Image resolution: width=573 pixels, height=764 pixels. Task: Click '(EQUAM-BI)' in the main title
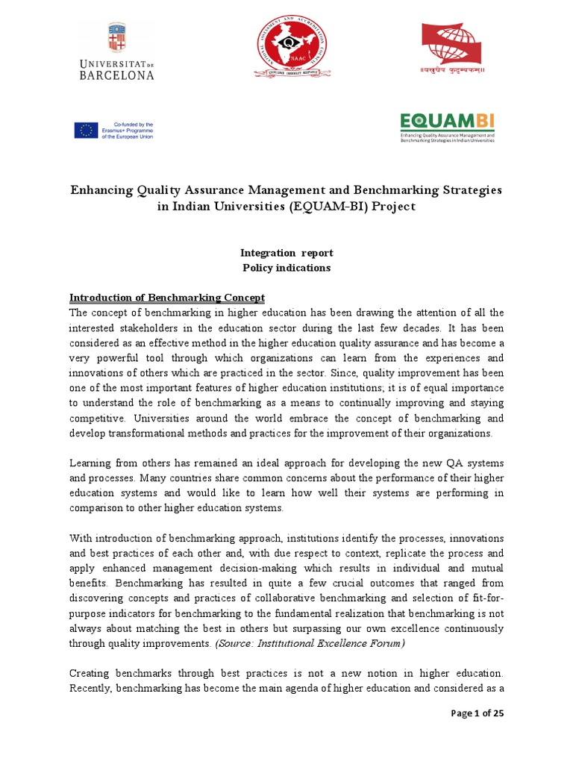tap(330, 207)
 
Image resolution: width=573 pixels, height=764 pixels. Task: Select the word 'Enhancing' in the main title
tap(101, 190)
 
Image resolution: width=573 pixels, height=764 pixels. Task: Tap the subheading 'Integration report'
tap(286, 254)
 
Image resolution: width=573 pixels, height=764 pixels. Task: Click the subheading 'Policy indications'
tap(286, 267)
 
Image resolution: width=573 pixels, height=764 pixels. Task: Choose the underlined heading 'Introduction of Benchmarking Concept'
tap(167, 298)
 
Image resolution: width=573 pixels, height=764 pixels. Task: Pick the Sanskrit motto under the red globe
tap(452, 72)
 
